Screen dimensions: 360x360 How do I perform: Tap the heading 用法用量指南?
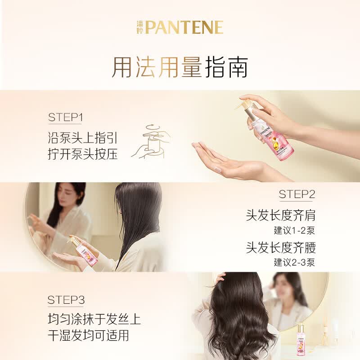pyautogui.click(x=180, y=67)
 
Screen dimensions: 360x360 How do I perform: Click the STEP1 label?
pyautogui.click(x=65, y=117)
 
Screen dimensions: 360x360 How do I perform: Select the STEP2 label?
pyautogui.click(x=297, y=194)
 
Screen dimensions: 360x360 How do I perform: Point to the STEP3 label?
pyautogui.click(x=66, y=300)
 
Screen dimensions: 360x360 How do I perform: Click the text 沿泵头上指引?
pyautogui.click(x=83, y=138)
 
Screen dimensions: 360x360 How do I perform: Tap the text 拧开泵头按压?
pyautogui.click(x=83, y=154)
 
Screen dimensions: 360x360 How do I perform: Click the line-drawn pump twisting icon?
pyautogui.click(x=151, y=142)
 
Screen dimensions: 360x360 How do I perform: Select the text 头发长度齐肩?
pyautogui.click(x=280, y=215)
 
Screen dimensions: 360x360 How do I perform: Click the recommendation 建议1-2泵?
pyautogui.click(x=294, y=230)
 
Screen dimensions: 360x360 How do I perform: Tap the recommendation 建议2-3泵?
pyautogui.click(x=294, y=262)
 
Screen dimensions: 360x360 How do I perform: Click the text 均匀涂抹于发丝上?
pyautogui.click(x=94, y=319)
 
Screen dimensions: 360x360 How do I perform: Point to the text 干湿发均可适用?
pyautogui.click(x=88, y=335)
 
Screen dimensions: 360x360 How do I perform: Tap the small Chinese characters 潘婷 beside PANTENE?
pyautogui.click(x=140, y=27)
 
